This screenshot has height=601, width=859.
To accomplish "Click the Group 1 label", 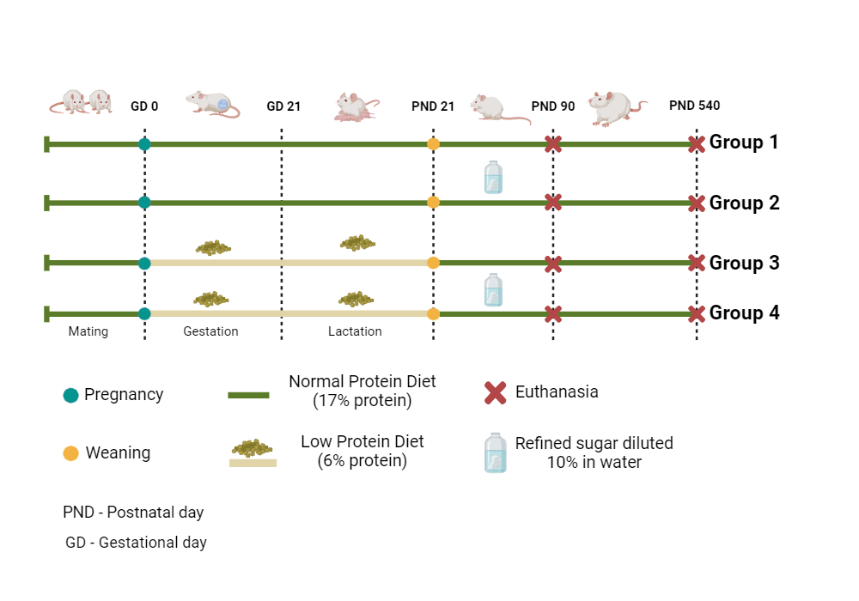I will click(x=743, y=143).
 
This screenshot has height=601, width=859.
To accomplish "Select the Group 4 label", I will click(x=744, y=313).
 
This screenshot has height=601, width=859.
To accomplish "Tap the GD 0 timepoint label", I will click(x=144, y=106).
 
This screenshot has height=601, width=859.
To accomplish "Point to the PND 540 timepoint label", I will click(x=694, y=106).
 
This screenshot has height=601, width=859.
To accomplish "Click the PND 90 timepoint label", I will click(x=553, y=106).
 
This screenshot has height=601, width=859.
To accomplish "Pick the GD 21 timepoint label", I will click(x=283, y=106).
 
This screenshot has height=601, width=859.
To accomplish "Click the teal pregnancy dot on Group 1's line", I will click(x=144, y=143).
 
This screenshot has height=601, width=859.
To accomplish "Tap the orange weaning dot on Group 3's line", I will click(x=433, y=263).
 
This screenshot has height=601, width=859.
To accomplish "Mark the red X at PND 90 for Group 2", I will click(x=553, y=203).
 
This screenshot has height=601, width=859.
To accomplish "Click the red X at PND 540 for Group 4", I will click(x=697, y=314).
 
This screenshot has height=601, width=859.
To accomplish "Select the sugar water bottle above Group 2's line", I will click(x=493, y=177).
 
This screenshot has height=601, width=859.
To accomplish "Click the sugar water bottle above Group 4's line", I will click(x=493, y=289).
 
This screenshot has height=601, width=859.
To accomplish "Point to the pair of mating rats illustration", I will click(x=80, y=101).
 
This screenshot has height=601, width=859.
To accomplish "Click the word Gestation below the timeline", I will click(x=210, y=331).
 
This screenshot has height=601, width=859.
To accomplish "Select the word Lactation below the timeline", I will click(x=355, y=331).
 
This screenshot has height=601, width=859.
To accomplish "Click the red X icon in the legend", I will click(x=495, y=393).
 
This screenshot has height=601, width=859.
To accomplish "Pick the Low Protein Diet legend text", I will click(x=362, y=451).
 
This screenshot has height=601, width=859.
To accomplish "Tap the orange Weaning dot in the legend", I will click(x=71, y=452).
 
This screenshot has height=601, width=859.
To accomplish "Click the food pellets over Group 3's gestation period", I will click(x=213, y=247).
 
